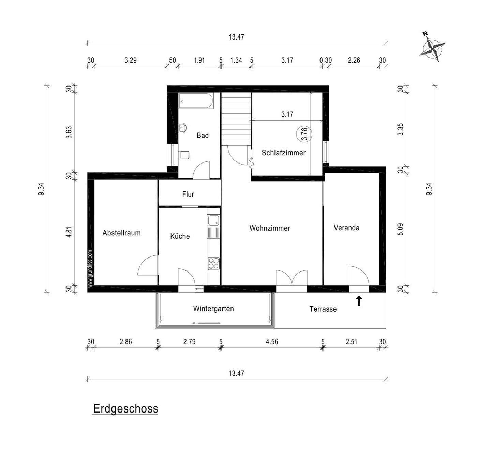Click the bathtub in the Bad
coord(196,101)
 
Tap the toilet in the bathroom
coord(184,155)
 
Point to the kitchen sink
coord(214,221)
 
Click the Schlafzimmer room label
coord(283,153)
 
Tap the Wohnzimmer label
coord(269,228)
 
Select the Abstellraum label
coord(121,233)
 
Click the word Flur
coord(188,194)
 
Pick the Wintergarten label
coord(213,309)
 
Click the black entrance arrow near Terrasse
coord(359,301)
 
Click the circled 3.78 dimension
coord(304,134)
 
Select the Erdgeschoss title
coord(125,408)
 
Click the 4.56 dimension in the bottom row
coord(272,342)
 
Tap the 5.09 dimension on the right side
coord(401,229)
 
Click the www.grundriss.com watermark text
coord(90,269)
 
